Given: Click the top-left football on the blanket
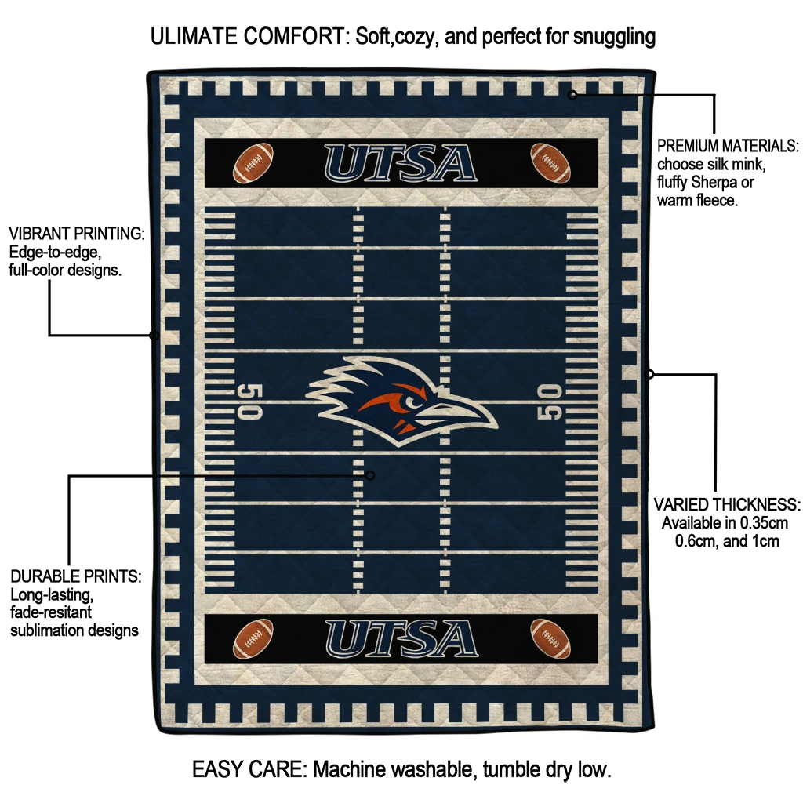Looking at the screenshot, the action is [253, 163].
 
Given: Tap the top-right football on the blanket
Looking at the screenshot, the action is [550, 163].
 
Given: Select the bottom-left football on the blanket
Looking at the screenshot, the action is [253, 638].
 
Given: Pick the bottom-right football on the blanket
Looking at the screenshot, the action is [550, 638].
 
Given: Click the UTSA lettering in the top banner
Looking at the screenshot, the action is [401, 163].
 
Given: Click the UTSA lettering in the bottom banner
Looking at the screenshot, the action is [401, 638].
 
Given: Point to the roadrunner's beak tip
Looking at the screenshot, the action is [496, 424].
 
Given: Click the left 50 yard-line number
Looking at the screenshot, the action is [250, 401].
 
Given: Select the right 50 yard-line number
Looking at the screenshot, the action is [549, 401].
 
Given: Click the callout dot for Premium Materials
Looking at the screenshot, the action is [572, 95].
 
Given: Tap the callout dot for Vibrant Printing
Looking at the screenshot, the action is [154, 336].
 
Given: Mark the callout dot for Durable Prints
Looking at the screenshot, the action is [370, 476].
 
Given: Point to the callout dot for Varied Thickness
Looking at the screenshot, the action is [649, 374].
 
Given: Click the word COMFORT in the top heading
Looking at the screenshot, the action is [296, 36].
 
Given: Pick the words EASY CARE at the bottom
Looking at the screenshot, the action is [249, 769].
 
